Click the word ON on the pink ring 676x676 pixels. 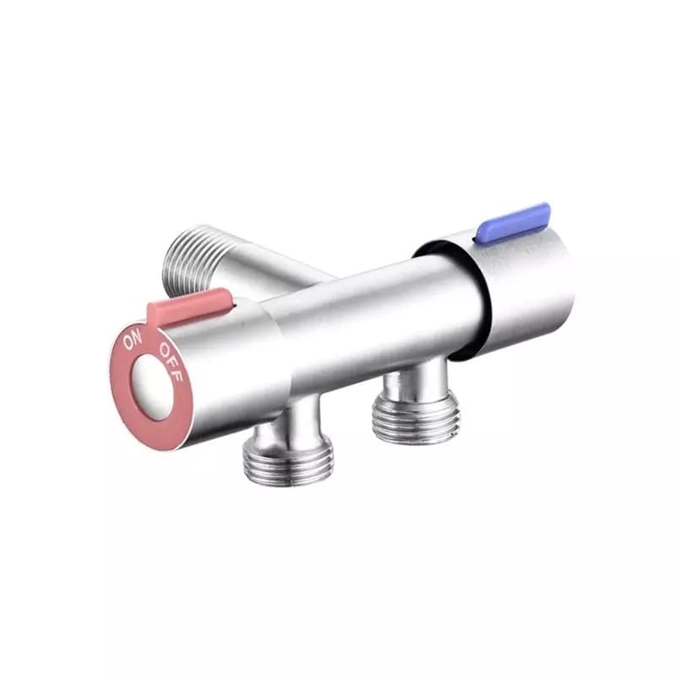pyautogui.click(x=133, y=342)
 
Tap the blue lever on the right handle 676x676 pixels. pyautogui.click(x=513, y=223)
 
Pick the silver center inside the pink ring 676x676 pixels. pyautogui.click(x=151, y=388)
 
